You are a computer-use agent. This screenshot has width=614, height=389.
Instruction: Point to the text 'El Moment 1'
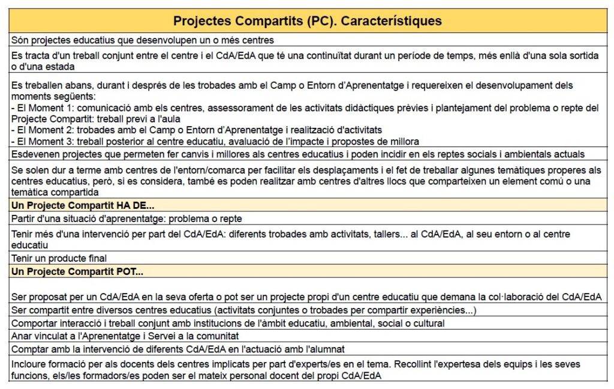(40, 108)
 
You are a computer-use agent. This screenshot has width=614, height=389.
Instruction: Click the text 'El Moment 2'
(40, 130)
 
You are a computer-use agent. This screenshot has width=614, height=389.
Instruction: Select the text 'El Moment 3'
(40, 141)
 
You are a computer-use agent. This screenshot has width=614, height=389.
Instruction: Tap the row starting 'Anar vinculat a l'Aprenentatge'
(125, 336)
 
